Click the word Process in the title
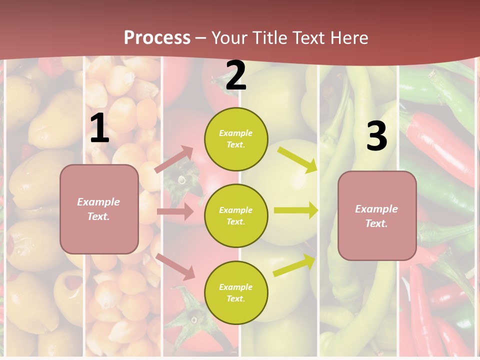tap(157, 37)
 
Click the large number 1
tap(99, 128)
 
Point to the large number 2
tap(236, 75)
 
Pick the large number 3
tap(376, 136)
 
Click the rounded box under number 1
tap(99, 209)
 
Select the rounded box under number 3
tap(377, 216)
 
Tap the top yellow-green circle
tap(236, 138)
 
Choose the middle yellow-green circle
tap(236, 215)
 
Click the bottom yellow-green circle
tap(236, 292)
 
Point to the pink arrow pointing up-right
tap(174, 159)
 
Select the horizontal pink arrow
tap(175, 211)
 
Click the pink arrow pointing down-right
tap(175, 266)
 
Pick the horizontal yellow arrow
tap(296, 210)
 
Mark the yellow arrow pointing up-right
tap(294, 265)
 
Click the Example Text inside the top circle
tap(236, 139)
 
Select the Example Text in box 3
tap(376, 216)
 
